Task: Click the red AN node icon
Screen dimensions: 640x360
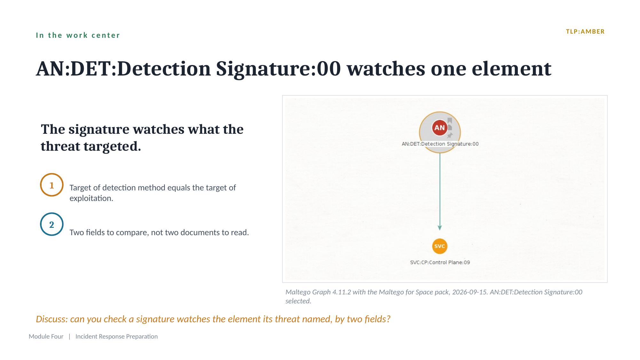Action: [439, 128]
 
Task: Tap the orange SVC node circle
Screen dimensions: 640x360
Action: [440, 246]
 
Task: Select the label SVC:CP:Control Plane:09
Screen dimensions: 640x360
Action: [440, 262]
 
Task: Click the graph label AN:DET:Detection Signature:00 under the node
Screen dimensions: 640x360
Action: [440, 144]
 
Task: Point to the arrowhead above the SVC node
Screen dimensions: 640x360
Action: [440, 228]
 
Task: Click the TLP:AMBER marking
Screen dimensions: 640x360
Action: [585, 32]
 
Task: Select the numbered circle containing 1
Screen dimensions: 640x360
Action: [51, 185]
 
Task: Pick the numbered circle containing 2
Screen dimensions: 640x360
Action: [51, 224]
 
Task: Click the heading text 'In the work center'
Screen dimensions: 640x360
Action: [78, 35]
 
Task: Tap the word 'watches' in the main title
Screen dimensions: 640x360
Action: [386, 68]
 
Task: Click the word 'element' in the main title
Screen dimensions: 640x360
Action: [511, 68]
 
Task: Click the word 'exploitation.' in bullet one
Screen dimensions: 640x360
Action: [91, 198]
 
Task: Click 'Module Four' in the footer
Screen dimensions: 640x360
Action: [46, 336]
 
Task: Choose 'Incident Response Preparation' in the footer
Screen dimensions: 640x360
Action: [116, 337]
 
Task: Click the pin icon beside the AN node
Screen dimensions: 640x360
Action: [450, 135]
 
